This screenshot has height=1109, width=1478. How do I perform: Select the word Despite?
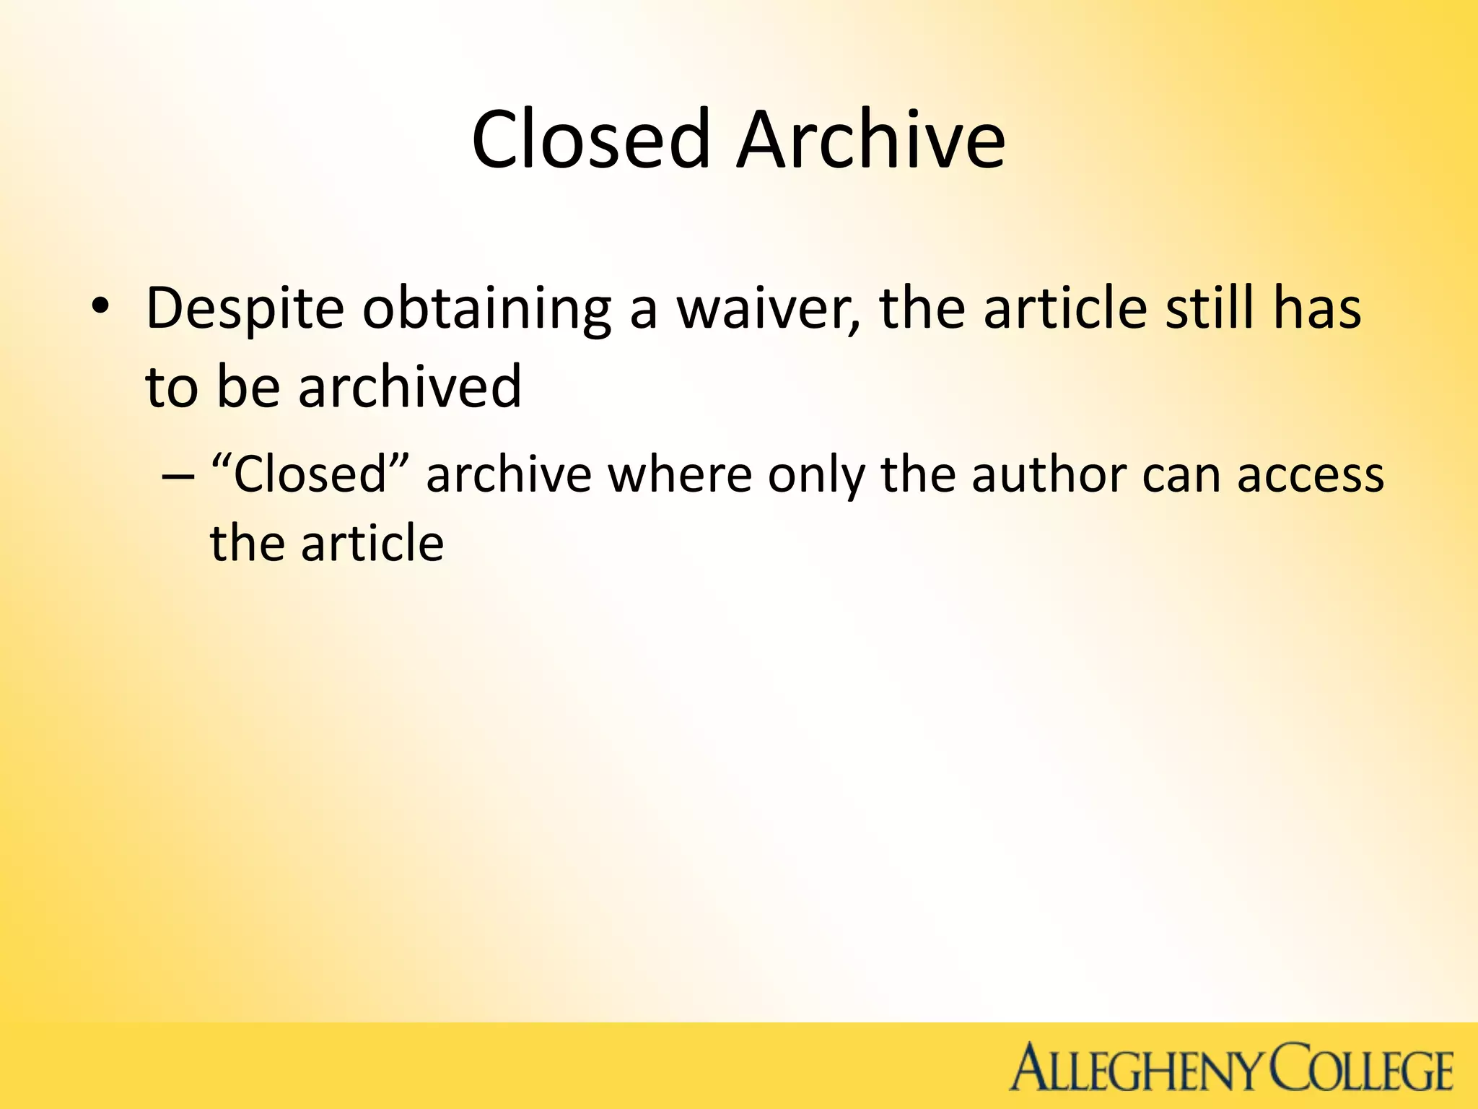click(x=245, y=309)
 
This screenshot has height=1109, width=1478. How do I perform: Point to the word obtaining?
click(x=486, y=309)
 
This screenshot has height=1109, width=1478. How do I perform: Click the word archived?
click(x=409, y=386)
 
